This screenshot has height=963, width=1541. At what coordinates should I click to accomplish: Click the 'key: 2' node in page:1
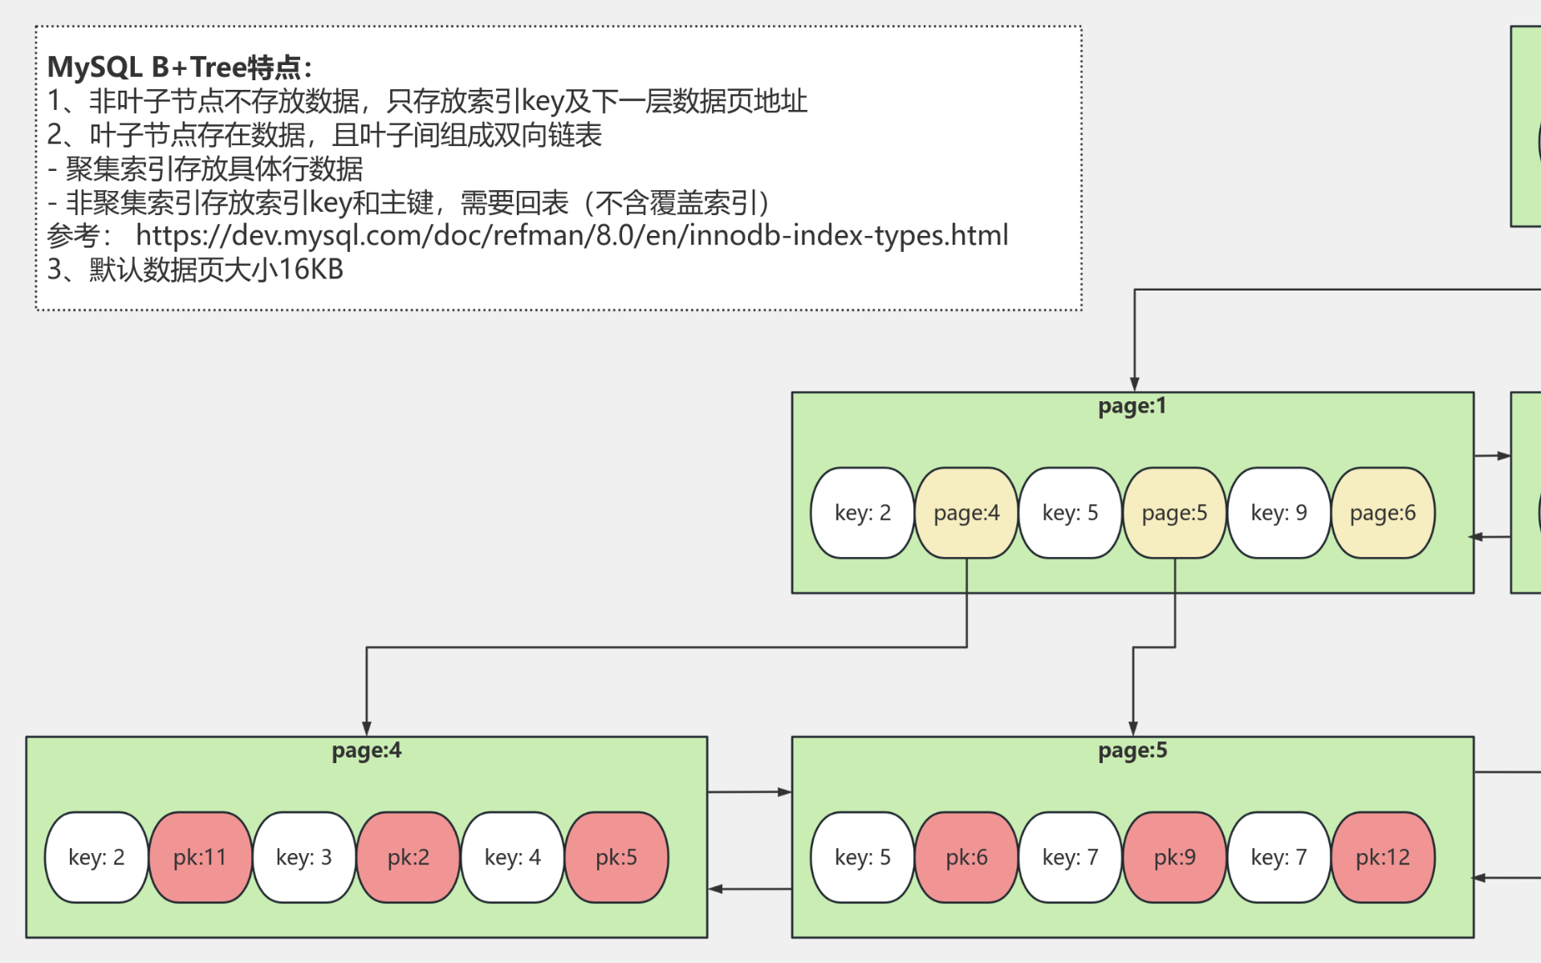click(x=862, y=513)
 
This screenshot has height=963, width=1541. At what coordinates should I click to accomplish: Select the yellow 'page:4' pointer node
click(x=966, y=513)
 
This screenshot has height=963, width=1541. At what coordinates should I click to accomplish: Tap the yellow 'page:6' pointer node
click(x=1382, y=513)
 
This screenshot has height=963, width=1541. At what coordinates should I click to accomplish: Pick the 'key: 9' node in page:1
click(x=1279, y=513)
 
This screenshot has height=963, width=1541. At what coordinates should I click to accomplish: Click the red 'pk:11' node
click(x=200, y=857)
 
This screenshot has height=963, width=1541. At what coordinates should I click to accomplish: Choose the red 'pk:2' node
click(x=408, y=857)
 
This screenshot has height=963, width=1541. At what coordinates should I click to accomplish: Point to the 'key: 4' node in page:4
click(x=512, y=857)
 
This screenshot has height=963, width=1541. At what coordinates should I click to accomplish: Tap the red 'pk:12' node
click(x=1382, y=857)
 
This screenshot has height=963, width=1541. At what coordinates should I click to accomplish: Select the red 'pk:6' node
click(x=966, y=857)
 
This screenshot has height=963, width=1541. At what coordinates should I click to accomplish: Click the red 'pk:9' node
click(x=1174, y=857)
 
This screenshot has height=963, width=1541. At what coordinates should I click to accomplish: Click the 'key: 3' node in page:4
click(x=303, y=857)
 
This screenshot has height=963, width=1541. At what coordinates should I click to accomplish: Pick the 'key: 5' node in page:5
click(x=862, y=857)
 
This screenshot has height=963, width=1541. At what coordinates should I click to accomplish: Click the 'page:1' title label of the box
click(x=1132, y=406)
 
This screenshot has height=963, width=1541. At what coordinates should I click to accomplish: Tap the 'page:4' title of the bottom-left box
click(x=366, y=750)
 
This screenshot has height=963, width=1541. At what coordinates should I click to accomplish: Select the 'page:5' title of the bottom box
click(x=1132, y=750)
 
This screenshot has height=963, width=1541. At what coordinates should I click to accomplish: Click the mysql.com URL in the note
click(x=571, y=235)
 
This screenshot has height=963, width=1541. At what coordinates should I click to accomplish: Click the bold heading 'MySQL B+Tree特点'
click(x=178, y=67)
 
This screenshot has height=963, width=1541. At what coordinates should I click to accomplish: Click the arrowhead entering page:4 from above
click(x=367, y=729)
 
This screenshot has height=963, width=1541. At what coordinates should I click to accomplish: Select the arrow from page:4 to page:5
click(x=749, y=792)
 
